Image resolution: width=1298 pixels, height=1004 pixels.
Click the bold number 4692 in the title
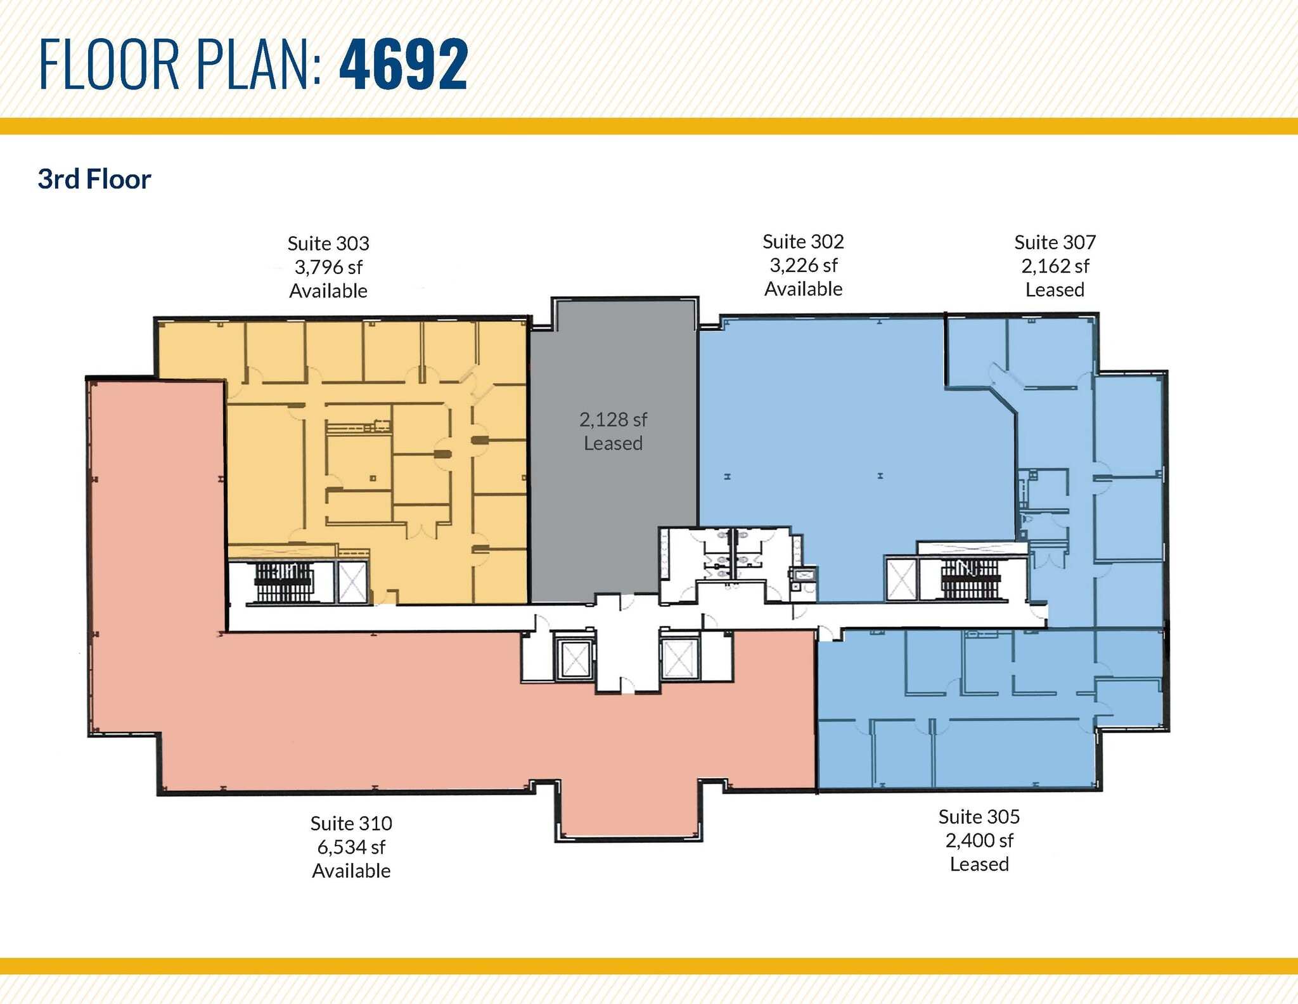tap(404, 64)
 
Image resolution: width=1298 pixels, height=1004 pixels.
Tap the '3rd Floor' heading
tap(94, 179)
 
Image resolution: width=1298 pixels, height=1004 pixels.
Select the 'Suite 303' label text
tap(328, 244)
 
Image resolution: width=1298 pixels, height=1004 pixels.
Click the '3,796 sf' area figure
tap(328, 267)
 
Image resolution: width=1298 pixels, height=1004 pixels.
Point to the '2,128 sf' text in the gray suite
tap(613, 420)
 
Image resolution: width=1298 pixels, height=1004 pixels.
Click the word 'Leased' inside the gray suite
tap(613, 443)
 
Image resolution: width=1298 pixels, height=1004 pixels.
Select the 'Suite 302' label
tap(803, 242)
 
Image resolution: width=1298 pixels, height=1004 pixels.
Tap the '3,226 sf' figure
tap(803, 265)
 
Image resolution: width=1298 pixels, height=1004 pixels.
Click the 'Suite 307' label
tap(1055, 242)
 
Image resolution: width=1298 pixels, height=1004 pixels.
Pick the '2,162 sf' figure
tap(1055, 266)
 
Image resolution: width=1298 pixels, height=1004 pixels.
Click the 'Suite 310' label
tap(351, 823)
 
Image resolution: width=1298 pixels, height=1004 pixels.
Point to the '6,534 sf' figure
tap(351, 847)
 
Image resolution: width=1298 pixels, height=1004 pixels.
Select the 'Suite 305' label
tap(979, 816)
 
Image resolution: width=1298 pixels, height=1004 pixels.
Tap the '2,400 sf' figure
tap(979, 840)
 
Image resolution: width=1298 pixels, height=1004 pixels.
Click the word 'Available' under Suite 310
tap(351, 871)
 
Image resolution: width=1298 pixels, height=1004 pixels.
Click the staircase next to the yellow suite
tap(284, 582)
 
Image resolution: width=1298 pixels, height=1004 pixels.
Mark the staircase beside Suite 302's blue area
tap(970, 578)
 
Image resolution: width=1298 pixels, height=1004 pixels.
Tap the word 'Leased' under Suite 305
tap(979, 864)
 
